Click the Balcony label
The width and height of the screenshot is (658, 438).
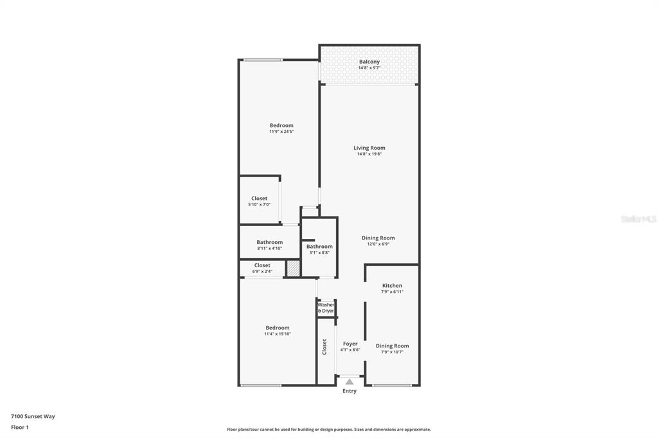[369, 62]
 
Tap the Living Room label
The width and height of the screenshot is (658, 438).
[369, 148]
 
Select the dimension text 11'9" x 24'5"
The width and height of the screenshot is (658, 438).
[281, 132]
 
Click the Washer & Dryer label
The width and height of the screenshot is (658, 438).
[326, 308]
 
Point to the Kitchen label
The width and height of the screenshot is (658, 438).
[393, 286]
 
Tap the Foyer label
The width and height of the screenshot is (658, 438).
[350, 344]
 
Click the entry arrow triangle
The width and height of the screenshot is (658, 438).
[350, 381]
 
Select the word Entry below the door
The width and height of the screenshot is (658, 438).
[350, 391]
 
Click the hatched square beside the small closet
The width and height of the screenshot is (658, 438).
[293, 268]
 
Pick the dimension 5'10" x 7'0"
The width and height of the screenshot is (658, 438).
[260, 205]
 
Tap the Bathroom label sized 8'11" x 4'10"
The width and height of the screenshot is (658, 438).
[270, 242]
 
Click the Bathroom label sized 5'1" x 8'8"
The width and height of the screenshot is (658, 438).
[319, 247]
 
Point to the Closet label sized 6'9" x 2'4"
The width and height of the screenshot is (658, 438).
[262, 266]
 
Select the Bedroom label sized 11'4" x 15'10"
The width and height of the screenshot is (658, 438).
[278, 328]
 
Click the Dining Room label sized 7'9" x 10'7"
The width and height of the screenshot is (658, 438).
[393, 346]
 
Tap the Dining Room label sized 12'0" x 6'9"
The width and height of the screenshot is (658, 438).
[378, 238]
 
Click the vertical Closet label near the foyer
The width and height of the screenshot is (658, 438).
[325, 347]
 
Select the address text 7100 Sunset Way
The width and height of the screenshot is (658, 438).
[33, 417]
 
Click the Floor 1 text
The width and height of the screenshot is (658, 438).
[20, 428]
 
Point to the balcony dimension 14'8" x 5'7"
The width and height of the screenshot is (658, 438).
[369, 68]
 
